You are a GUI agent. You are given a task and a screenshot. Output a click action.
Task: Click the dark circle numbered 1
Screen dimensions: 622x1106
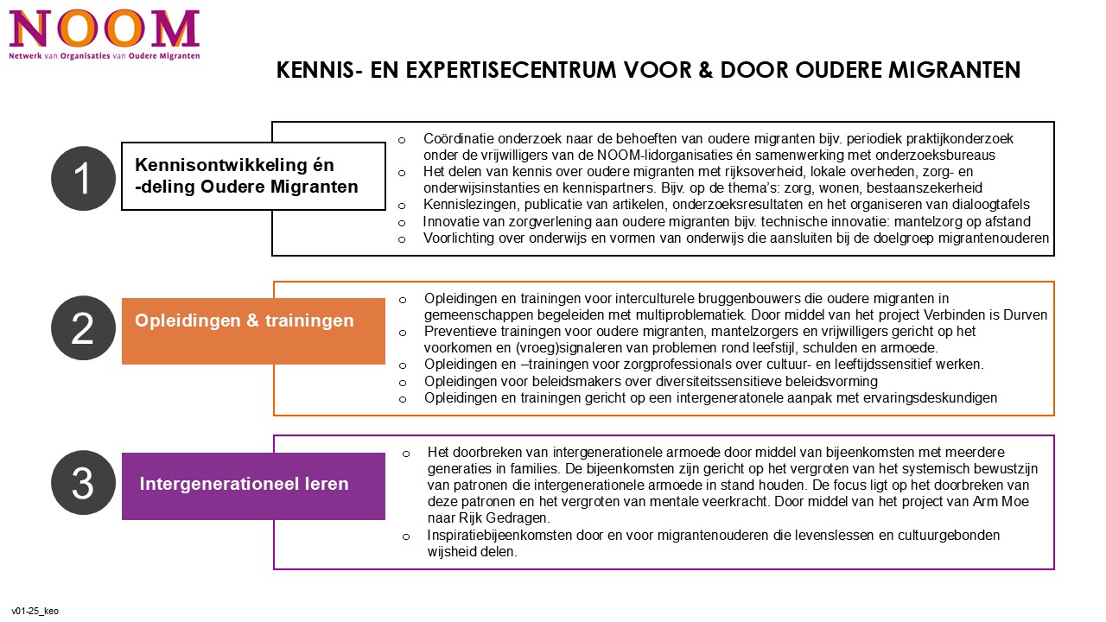83,179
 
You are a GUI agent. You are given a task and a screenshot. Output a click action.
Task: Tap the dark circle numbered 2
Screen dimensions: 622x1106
83,328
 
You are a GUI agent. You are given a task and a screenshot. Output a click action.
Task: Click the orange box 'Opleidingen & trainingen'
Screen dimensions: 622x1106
253,331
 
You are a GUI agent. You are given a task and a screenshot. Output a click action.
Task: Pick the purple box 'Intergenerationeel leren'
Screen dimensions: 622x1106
253,486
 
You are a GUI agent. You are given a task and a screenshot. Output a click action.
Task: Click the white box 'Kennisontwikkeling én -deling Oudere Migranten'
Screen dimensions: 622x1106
253,176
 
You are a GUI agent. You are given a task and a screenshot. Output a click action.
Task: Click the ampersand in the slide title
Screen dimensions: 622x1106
704,70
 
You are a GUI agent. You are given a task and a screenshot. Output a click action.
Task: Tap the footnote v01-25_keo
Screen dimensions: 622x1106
35,611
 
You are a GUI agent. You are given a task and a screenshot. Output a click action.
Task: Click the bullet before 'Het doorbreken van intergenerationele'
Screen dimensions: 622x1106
406,454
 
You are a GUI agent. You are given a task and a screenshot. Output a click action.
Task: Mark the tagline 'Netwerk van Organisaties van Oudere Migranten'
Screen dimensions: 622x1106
104,55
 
